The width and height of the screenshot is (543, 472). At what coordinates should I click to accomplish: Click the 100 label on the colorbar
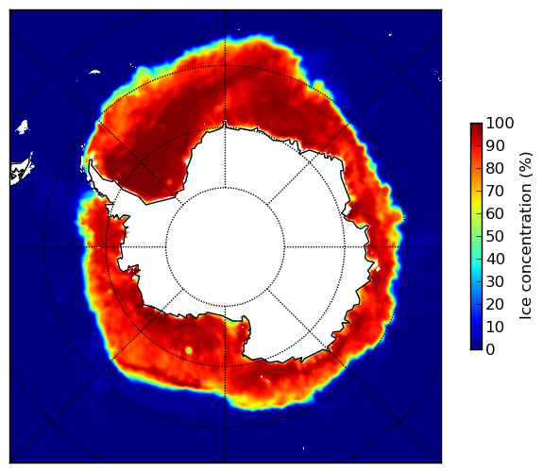click(x=500, y=123)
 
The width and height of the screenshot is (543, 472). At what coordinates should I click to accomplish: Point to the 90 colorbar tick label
click(x=495, y=145)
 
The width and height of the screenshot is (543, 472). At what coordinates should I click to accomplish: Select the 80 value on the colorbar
click(x=495, y=168)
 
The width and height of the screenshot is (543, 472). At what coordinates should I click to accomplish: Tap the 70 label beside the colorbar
click(x=495, y=191)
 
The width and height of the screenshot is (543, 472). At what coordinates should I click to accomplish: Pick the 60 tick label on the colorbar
click(x=495, y=213)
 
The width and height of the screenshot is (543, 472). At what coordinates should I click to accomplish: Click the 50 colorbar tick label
click(x=495, y=237)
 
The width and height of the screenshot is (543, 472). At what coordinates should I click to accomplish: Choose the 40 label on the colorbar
click(x=495, y=259)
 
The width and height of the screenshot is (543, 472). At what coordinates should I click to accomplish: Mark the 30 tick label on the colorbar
click(x=495, y=282)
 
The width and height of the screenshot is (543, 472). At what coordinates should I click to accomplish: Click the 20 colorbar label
click(x=495, y=304)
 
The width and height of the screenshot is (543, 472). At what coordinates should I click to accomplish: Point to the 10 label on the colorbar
click(x=495, y=327)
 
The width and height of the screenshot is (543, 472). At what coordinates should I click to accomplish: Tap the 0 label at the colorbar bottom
click(x=490, y=350)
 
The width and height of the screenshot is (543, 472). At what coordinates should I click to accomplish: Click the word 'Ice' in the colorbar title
click(x=525, y=309)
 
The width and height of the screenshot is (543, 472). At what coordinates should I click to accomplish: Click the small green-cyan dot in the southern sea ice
click(x=189, y=350)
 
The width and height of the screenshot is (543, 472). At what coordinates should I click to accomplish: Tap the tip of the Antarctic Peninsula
click(x=91, y=160)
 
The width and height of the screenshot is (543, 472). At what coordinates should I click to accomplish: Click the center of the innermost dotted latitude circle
click(x=225, y=247)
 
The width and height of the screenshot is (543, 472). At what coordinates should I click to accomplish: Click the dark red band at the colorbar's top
click(x=476, y=126)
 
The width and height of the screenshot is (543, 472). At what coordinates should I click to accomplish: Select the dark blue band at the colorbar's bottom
click(x=476, y=347)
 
